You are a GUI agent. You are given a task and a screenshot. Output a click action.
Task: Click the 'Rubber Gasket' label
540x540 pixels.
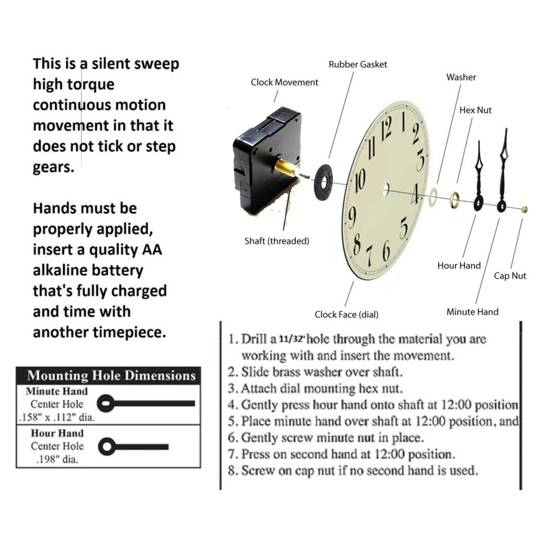click(x=358, y=65)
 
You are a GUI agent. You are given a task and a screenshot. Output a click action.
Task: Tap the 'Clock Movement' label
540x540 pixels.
click(x=284, y=82)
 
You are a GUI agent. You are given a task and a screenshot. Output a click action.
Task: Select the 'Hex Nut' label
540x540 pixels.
click(x=475, y=109)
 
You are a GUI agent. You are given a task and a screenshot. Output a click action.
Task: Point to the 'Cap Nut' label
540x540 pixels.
click(x=510, y=276)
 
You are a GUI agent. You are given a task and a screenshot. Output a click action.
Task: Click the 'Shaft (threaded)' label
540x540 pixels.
click(x=277, y=241)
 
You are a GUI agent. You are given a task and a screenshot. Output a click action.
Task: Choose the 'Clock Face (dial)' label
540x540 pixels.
click(x=346, y=315)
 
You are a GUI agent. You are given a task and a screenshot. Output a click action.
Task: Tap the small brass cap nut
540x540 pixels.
click(x=523, y=209)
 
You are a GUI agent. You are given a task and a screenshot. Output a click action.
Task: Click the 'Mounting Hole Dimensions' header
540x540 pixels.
click(x=111, y=376)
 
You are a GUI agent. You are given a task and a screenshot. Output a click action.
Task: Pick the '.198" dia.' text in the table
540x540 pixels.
click(x=57, y=459)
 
